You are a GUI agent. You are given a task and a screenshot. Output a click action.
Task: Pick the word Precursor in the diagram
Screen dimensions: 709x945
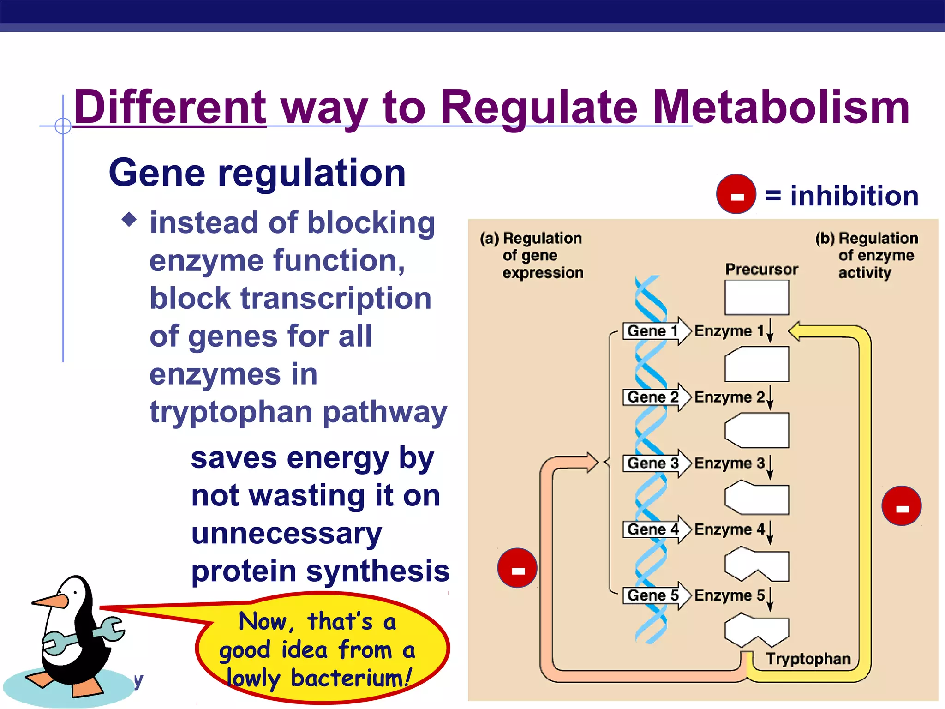click(x=761, y=269)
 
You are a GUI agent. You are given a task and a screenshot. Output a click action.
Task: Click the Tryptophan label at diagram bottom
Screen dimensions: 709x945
click(x=808, y=659)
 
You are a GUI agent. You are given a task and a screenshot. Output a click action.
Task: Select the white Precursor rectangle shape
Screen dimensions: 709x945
click(x=757, y=298)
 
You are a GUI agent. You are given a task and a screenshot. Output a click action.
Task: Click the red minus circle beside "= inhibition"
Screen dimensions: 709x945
click(x=736, y=194)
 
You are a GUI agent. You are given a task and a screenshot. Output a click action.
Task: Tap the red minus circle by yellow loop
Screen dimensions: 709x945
click(x=901, y=506)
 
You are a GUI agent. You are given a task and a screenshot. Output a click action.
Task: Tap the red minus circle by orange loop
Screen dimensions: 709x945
click(x=517, y=568)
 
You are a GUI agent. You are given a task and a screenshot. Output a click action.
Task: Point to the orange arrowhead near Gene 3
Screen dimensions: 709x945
click(x=592, y=462)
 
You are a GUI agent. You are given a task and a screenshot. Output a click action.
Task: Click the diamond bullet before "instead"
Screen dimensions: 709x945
click(x=129, y=219)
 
